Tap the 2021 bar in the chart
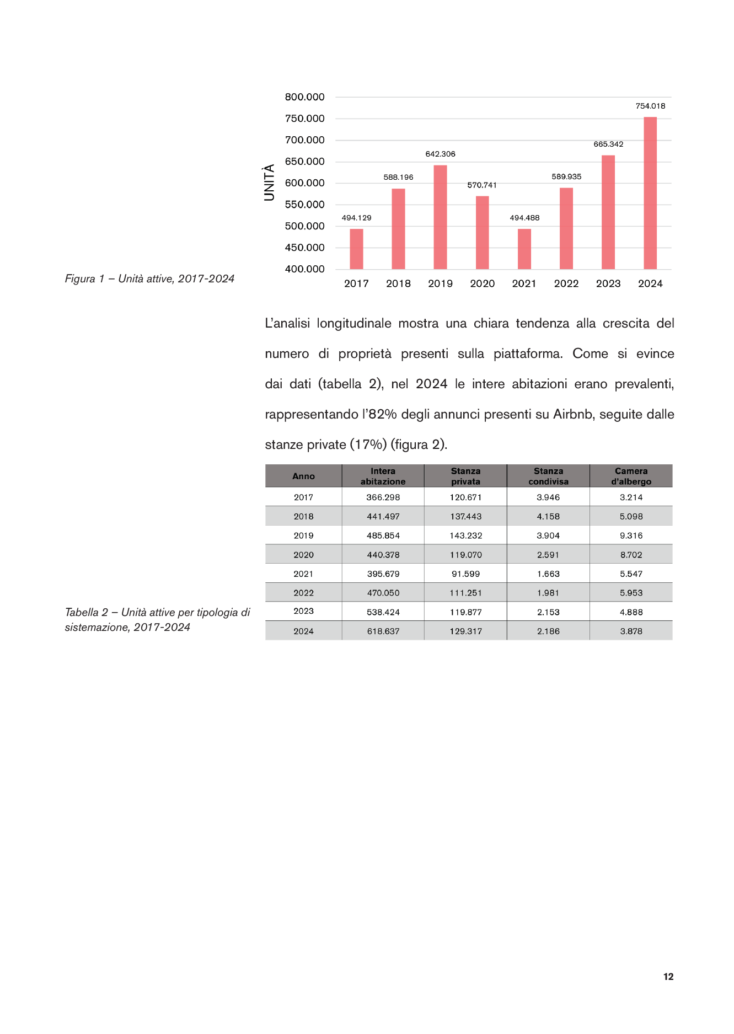point(524,249)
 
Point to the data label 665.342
point(608,144)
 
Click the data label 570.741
point(482,185)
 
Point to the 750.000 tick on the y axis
point(304,119)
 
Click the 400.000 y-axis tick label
point(304,269)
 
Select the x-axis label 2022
point(566,283)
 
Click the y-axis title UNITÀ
point(269,183)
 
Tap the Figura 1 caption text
point(149,279)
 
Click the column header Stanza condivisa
point(548,476)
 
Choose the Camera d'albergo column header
point(631,476)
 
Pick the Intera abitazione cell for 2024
point(383,631)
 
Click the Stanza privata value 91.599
point(465,574)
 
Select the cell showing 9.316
point(631,535)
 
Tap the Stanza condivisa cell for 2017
point(548,497)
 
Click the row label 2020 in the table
point(303,555)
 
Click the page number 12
point(668,977)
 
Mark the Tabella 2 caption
point(157,620)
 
